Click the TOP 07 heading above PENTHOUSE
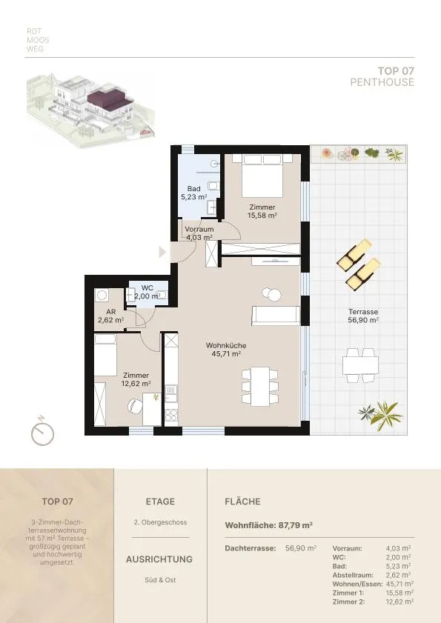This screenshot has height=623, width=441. click(x=396, y=71)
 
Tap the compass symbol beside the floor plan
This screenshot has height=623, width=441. click(x=42, y=432)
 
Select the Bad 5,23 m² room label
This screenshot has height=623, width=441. click(x=194, y=193)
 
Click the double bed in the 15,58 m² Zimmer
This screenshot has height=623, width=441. click(x=262, y=176)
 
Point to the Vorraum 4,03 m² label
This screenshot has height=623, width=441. click(x=199, y=233)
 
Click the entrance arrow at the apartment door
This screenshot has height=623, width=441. click(x=162, y=252)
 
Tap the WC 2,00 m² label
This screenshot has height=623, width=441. click(x=147, y=292)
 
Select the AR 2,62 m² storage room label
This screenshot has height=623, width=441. click(x=111, y=316)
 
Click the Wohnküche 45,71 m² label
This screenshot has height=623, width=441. click(x=226, y=350)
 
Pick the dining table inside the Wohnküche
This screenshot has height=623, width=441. click(x=260, y=386)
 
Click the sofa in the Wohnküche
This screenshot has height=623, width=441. click(x=276, y=316)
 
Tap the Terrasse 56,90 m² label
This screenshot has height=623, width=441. click(x=363, y=316)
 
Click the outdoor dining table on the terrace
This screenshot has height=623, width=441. click(x=361, y=365)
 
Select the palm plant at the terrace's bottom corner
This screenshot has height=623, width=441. click(x=382, y=415)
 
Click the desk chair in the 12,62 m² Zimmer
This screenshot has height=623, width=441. click(x=135, y=406)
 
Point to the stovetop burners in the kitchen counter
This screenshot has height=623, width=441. click(x=171, y=416)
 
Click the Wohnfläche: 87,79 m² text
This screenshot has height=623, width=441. click(x=269, y=525)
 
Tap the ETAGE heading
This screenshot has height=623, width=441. click(x=160, y=502)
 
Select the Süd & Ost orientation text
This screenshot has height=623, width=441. click(x=160, y=580)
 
